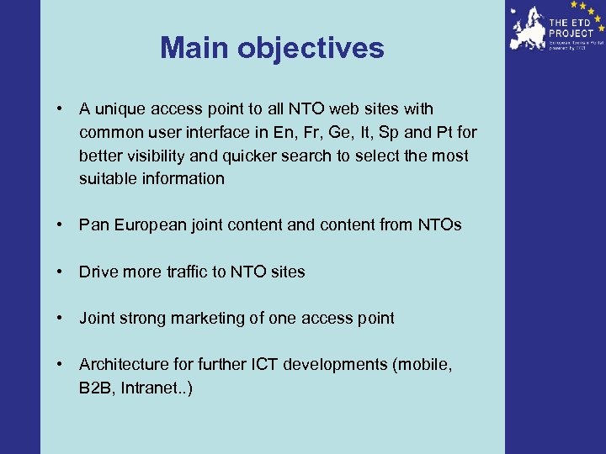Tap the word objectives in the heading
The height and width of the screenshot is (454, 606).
311,48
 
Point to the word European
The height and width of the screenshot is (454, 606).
148,225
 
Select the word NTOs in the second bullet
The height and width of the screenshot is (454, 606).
439,225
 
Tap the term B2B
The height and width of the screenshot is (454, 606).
94,388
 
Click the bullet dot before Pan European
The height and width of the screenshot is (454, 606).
61,225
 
